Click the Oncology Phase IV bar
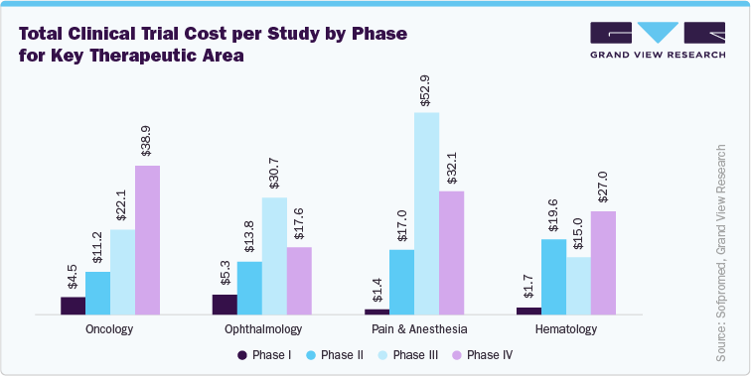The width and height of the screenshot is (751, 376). (x=147, y=240)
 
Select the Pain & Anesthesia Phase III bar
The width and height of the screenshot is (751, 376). (x=426, y=213)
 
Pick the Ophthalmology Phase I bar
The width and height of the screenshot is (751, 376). (x=225, y=305)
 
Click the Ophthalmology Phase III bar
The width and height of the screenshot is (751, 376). (x=274, y=256)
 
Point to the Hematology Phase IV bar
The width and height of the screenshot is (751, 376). (x=603, y=263)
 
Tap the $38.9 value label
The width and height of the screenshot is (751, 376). (x=147, y=141)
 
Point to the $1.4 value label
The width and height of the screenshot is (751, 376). (x=376, y=290)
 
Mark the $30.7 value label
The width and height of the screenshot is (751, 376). (x=274, y=174)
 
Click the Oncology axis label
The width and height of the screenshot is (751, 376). (x=110, y=328)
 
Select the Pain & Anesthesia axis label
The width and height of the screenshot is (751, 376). (x=414, y=328)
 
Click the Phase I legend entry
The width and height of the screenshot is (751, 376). (x=263, y=355)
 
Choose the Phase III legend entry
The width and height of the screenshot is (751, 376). (x=410, y=355)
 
